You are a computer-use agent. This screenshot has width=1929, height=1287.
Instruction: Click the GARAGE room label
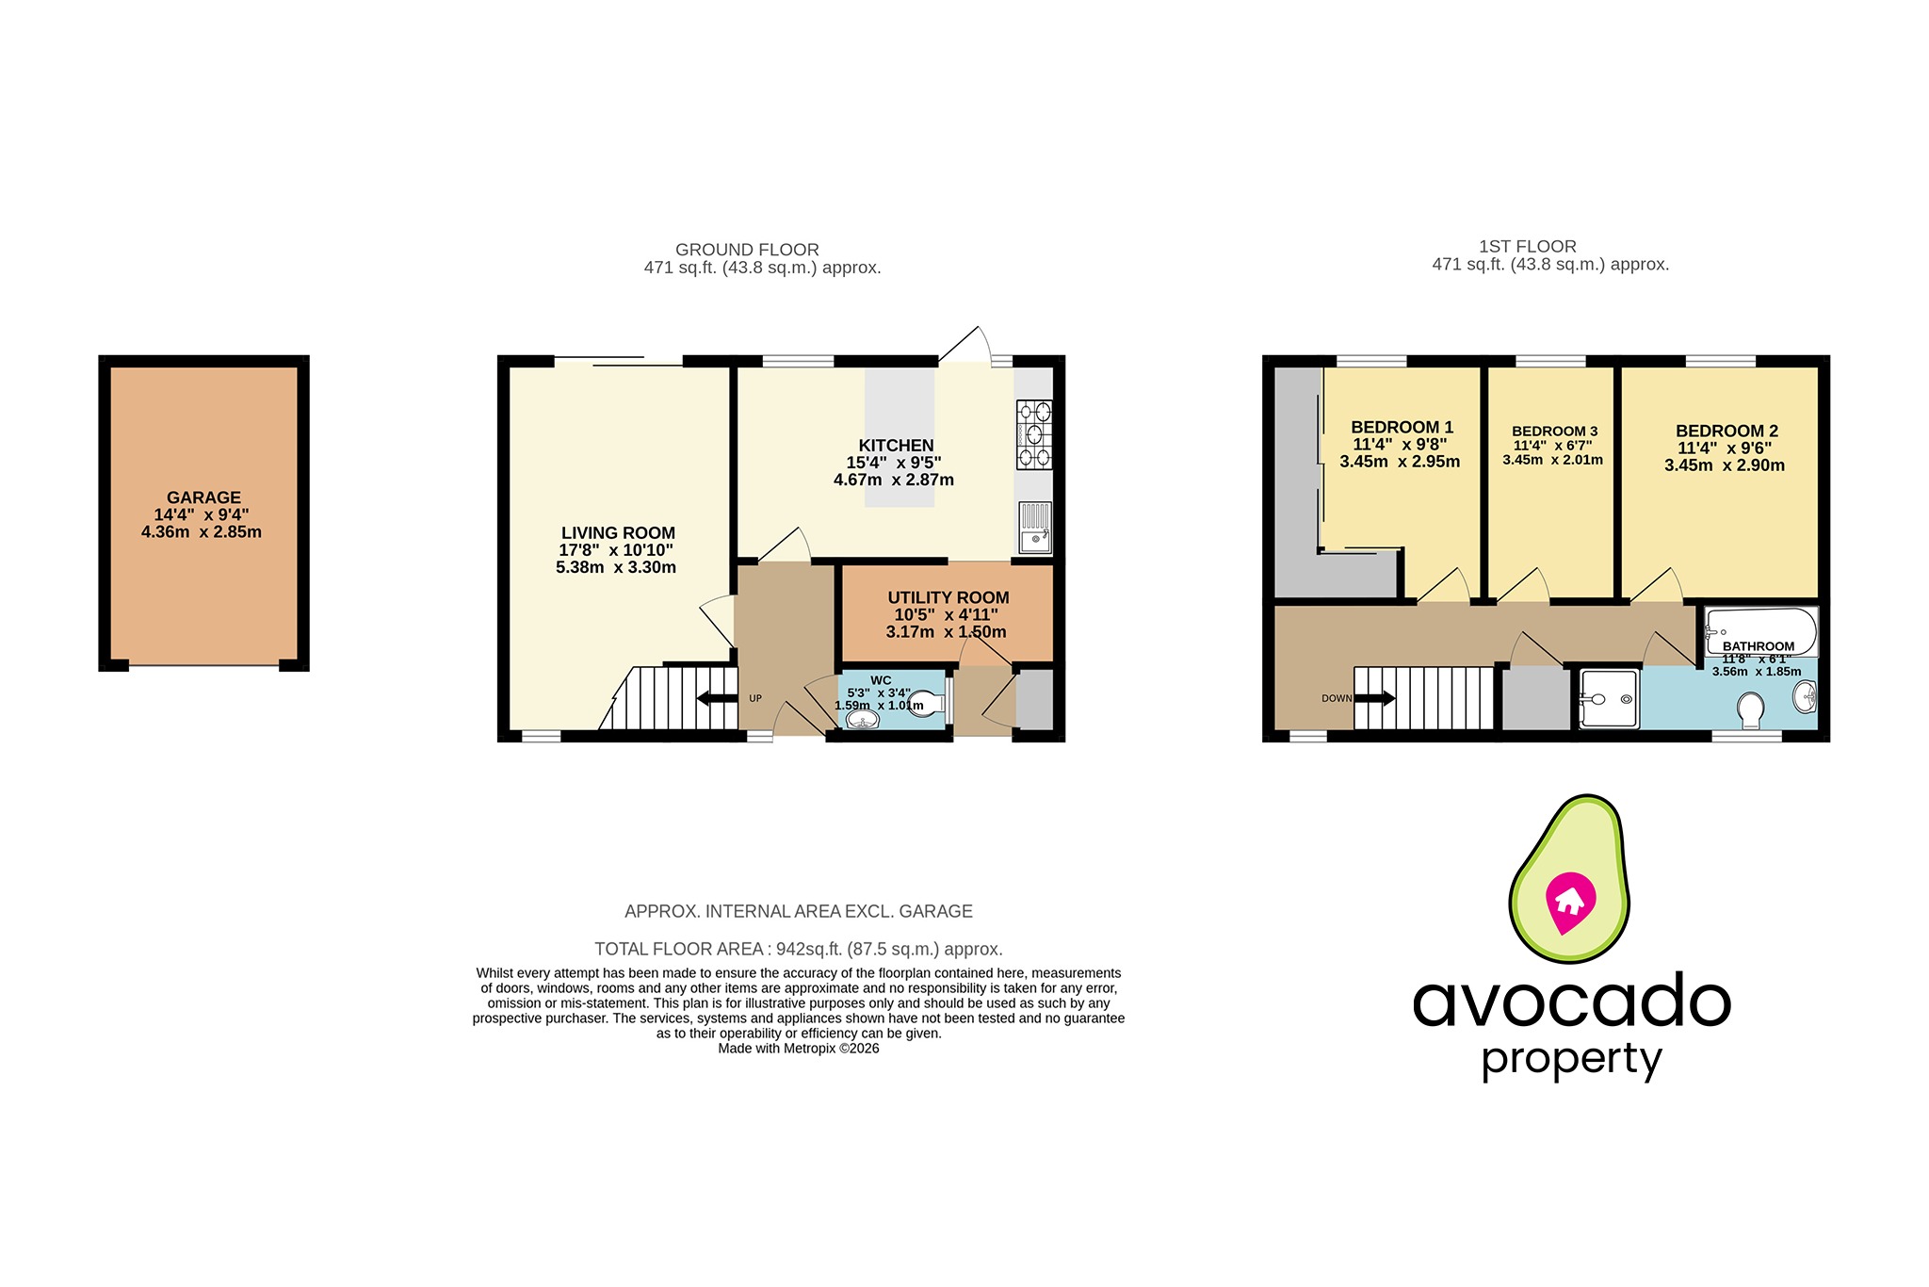(204, 497)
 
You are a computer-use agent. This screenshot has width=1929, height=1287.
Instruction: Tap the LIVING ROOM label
(618, 533)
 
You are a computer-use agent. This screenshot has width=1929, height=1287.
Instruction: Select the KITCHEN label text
(896, 446)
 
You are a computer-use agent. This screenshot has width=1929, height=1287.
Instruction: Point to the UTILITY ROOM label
(948, 597)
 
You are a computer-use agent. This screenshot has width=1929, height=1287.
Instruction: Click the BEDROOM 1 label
(1402, 427)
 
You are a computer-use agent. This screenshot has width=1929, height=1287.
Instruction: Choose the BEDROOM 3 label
(1554, 432)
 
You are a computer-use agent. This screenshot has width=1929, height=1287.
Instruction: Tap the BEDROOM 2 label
(1726, 432)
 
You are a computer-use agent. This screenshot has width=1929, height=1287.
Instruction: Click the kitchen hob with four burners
(1034, 434)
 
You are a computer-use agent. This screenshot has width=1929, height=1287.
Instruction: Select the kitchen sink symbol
(1034, 528)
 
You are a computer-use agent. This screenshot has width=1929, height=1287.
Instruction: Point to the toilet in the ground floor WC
(927, 704)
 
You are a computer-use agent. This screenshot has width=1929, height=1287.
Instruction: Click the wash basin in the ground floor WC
(862, 720)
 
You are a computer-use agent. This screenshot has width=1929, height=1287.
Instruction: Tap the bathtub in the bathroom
(1760, 631)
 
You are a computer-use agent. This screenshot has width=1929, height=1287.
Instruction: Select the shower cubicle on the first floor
(1609, 699)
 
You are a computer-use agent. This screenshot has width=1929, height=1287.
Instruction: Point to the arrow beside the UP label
(718, 698)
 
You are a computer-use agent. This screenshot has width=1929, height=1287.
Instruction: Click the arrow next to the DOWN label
(1375, 698)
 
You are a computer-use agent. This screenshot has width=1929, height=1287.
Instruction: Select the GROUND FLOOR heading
(747, 250)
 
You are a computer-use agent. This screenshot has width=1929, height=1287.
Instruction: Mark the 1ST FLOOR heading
(1528, 247)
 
